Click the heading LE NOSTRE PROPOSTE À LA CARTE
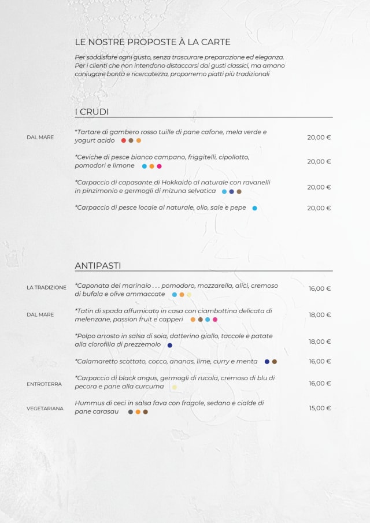click(x=153, y=42)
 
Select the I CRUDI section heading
click(x=92, y=112)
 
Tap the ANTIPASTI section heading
click(x=98, y=265)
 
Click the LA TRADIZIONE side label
click(x=46, y=287)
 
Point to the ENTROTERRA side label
click(x=44, y=384)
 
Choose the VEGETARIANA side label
click(x=45, y=409)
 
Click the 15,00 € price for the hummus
click(x=320, y=408)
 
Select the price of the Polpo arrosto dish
click(x=320, y=342)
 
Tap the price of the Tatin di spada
click(x=320, y=315)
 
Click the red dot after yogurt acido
click(x=124, y=140)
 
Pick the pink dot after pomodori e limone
click(x=159, y=166)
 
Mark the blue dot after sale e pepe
click(x=254, y=208)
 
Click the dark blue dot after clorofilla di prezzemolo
click(x=169, y=345)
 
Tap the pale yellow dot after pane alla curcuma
click(x=175, y=387)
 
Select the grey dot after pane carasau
click(x=131, y=412)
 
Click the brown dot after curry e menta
click(x=275, y=362)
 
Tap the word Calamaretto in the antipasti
click(x=97, y=361)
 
